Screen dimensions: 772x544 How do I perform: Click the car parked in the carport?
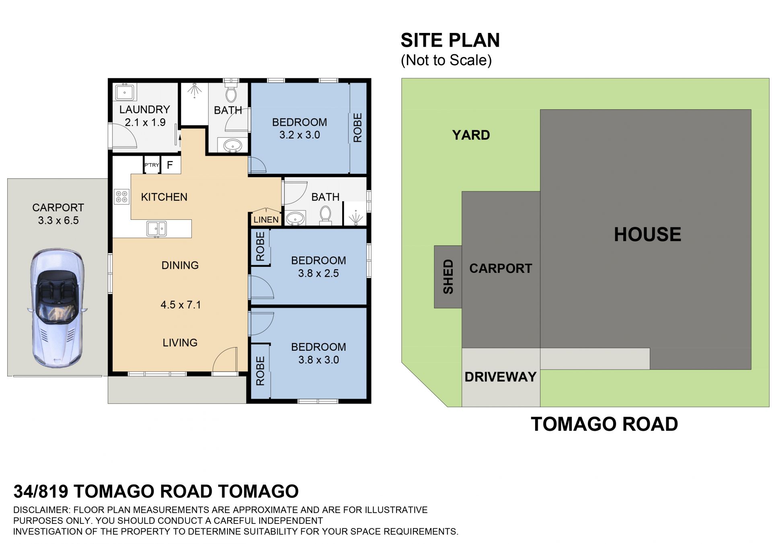click(x=57, y=308)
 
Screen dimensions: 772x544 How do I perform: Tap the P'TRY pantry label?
click(x=152, y=165)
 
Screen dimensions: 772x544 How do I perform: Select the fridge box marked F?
click(x=170, y=165)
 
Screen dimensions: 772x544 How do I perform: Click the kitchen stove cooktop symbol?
click(x=121, y=196)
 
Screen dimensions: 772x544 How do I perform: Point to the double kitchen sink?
click(x=156, y=229)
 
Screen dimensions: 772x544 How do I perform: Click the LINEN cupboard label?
click(x=266, y=220)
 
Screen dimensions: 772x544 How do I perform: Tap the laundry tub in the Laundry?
click(x=125, y=92)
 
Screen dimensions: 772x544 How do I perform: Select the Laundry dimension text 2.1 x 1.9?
click(x=145, y=123)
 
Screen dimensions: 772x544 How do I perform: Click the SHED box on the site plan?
click(x=448, y=277)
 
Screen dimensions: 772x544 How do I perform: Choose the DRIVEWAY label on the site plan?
click(x=501, y=377)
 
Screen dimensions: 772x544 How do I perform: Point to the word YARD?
click(x=471, y=135)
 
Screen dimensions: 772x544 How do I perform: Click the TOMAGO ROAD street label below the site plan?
click(x=604, y=424)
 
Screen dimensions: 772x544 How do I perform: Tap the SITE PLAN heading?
click(x=450, y=40)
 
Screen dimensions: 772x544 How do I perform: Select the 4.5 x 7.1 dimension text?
click(x=181, y=305)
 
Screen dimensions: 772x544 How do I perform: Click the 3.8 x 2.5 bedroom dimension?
click(x=318, y=274)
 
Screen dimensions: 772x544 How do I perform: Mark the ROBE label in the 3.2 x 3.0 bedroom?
click(x=357, y=128)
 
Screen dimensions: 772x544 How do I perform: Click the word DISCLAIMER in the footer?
click(x=41, y=510)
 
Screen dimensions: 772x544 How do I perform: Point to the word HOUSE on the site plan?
click(x=647, y=235)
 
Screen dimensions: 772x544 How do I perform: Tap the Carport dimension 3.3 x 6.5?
click(x=58, y=221)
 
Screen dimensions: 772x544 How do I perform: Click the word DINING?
click(x=180, y=265)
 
